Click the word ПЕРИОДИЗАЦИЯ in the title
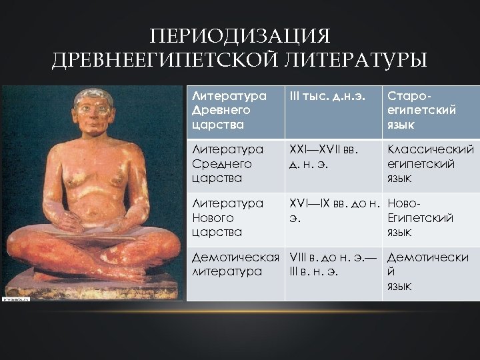coord(240,35)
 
